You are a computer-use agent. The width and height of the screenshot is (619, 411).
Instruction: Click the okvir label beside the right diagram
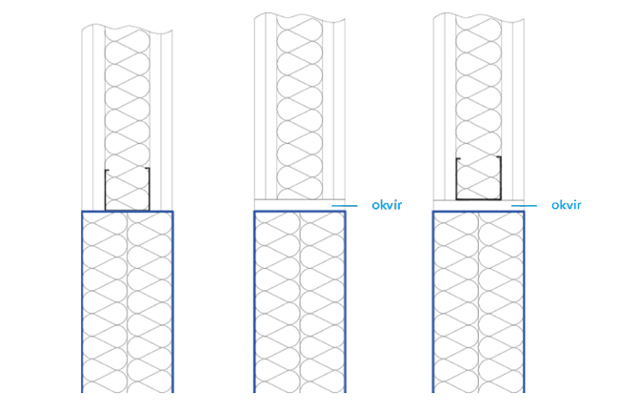566,205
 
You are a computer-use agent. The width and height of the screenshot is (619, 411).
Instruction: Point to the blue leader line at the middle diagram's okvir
344,205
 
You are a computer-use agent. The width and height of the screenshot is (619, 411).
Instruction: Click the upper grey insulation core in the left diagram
127,95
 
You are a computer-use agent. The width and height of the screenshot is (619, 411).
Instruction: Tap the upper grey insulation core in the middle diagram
299,95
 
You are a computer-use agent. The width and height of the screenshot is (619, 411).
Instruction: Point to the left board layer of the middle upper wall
266,105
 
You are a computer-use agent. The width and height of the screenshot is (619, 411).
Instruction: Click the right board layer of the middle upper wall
333,105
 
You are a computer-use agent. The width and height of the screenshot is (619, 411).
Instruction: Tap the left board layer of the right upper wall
445,105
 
